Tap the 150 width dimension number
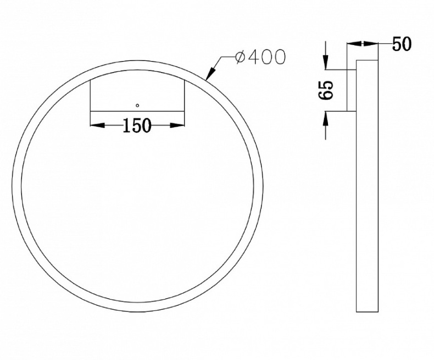[137, 126]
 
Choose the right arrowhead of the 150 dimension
[177, 126]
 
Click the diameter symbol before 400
[240, 57]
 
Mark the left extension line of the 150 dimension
[90, 102]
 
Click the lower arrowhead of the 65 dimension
[326, 118]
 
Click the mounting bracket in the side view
[352, 91]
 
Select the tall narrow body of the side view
[368, 187]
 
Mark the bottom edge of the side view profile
[368, 312]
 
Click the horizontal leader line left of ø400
[226, 57]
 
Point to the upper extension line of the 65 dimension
[338, 70]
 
